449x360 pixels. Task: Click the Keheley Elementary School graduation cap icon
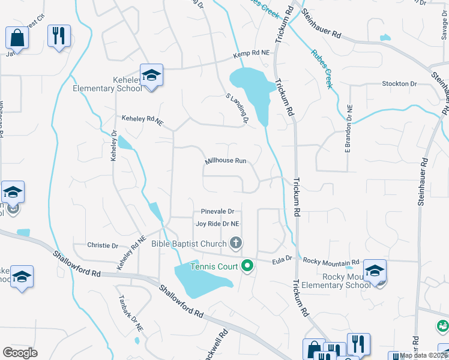[152, 74]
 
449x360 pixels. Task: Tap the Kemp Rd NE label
[252, 54]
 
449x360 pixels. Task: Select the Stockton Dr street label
[399, 84]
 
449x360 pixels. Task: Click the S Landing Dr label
[237, 108]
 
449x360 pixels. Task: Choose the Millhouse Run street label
[226, 161]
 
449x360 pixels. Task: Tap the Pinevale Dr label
[217, 212]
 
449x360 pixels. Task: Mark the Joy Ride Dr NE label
[217, 224]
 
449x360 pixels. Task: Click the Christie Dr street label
[103, 245]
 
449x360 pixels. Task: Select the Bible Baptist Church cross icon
[236, 243]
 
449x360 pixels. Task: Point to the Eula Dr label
[281, 259]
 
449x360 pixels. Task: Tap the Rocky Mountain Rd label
[331, 262]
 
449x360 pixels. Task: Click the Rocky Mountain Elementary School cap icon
[375, 271]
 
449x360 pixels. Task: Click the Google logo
[20, 353]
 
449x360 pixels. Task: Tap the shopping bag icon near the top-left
[17, 37]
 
